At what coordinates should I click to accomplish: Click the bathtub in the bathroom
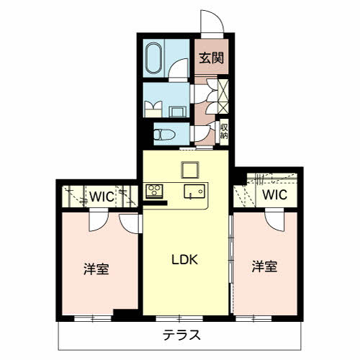(x=154, y=58)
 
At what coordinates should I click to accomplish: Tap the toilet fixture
(x=164, y=135)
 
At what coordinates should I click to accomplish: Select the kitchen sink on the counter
(x=194, y=192)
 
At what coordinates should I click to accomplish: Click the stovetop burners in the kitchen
(x=154, y=192)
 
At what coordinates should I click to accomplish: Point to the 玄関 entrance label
(x=212, y=58)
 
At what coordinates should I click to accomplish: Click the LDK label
(x=185, y=259)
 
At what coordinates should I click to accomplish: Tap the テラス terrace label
(x=181, y=335)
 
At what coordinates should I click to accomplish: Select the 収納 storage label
(x=224, y=132)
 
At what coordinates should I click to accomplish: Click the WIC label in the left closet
(x=102, y=197)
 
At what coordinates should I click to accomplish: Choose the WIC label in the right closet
(x=275, y=194)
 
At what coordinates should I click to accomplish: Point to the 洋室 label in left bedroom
(x=96, y=269)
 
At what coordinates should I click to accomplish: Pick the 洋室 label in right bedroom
(x=264, y=266)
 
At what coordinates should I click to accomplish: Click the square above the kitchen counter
(x=190, y=170)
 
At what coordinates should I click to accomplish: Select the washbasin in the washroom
(x=178, y=112)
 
